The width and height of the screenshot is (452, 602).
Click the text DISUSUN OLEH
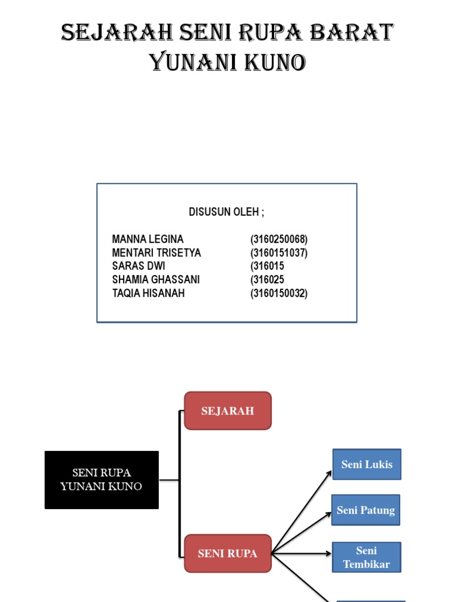227,212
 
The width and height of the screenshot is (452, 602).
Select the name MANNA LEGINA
148,239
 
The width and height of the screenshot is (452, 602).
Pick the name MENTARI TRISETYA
157,253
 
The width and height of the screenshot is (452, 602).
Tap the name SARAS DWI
138,266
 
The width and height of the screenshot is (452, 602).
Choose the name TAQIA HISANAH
148,293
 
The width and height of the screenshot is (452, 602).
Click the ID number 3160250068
279,239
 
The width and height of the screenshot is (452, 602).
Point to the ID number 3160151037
279,253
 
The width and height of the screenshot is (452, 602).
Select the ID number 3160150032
279,293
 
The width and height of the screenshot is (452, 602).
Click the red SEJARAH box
228,411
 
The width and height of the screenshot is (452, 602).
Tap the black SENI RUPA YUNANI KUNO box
102,480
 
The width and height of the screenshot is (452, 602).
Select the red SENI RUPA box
228,553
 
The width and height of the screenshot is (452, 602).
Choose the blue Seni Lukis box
367,464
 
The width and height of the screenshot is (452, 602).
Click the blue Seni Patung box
366,510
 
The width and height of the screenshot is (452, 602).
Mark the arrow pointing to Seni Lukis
301,512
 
